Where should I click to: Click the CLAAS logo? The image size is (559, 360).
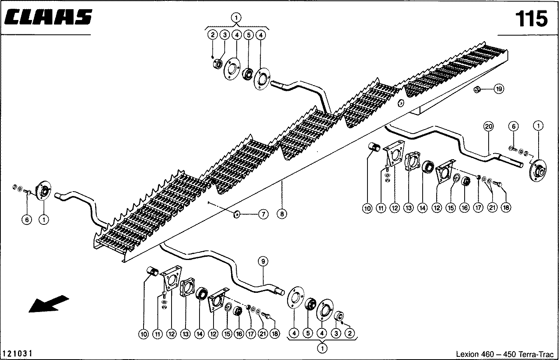coord(49,18)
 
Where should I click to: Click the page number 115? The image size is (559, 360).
coord(531,19)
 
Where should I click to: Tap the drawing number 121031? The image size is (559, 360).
coord(17,354)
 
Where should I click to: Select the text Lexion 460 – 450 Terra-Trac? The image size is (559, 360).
coord(505,354)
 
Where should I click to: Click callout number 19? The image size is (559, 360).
coord(498,89)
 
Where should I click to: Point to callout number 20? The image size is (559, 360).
coord(488,127)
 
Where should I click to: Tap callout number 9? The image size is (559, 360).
coord(263,262)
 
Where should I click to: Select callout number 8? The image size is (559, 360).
coord(282,214)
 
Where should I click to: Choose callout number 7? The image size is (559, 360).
coord(263,214)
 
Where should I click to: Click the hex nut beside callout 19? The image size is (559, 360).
coord(477,89)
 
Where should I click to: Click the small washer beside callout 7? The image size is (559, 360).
coord(236,214)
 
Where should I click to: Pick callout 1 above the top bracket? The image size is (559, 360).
coord(236,18)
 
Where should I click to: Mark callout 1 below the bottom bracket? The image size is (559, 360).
coord(322,348)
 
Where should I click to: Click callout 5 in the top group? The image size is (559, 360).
coord(248,35)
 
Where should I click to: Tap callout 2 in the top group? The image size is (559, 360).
coord(213,35)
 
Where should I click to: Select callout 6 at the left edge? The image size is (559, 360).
coord(27,220)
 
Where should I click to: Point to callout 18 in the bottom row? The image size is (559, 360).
coord(274,334)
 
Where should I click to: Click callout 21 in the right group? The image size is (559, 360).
coord(492,208)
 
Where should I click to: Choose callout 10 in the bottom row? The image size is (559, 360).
coord(144,334)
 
